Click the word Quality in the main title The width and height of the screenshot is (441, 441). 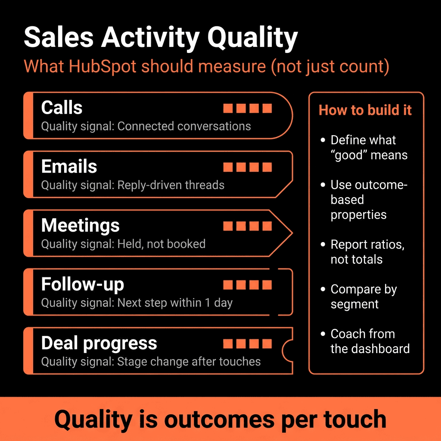point(252,38)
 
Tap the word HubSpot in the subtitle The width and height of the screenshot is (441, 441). point(102,66)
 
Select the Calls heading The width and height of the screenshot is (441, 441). point(62,107)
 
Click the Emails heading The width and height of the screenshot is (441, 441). point(69,166)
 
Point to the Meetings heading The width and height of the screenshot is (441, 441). point(80,226)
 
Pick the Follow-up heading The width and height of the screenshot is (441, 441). point(82,284)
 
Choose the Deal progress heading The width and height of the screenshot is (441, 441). point(99,344)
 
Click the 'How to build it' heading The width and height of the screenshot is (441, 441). point(365,110)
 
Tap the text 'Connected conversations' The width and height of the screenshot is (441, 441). point(184,126)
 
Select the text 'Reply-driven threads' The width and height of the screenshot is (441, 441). point(171,185)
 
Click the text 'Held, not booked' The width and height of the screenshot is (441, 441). point(161,244)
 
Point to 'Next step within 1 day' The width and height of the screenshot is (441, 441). point(175,303)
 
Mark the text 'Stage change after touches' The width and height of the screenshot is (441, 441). point(189,362)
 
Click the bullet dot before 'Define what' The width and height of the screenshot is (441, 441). point(323,140)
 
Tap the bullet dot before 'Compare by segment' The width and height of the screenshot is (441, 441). point(323,289)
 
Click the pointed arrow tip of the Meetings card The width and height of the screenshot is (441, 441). point(292,233)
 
